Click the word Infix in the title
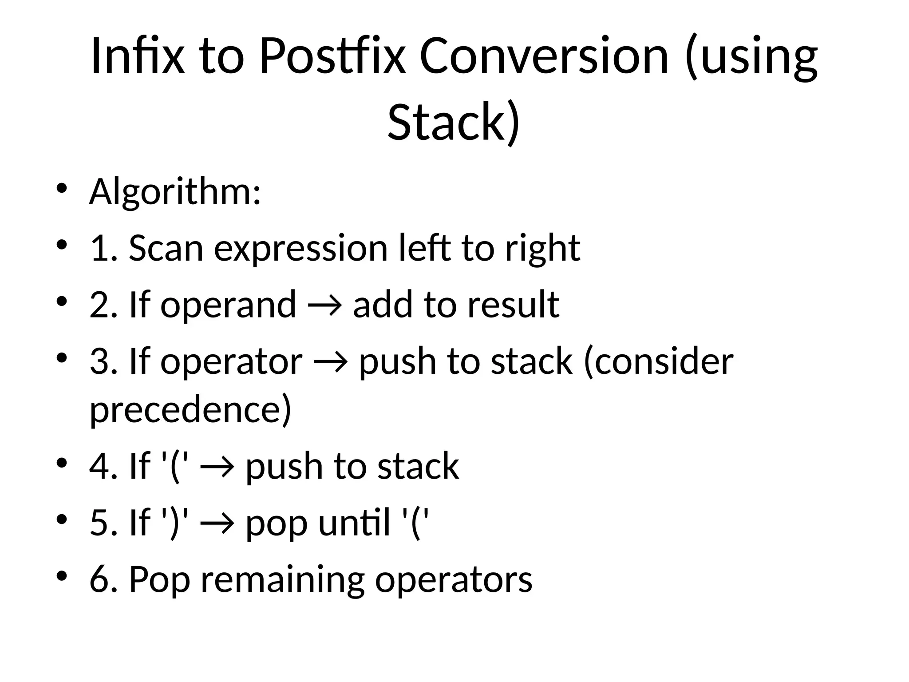point(137,56)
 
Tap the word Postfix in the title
point(332,56)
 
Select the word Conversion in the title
point(544,56)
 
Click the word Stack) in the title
point(453,122)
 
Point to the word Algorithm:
point(175,192)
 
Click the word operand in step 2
point(228,305)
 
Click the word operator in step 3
point(231,362)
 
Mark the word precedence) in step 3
point(190,409)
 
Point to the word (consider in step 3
point(658,362)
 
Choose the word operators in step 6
point(454,580)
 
